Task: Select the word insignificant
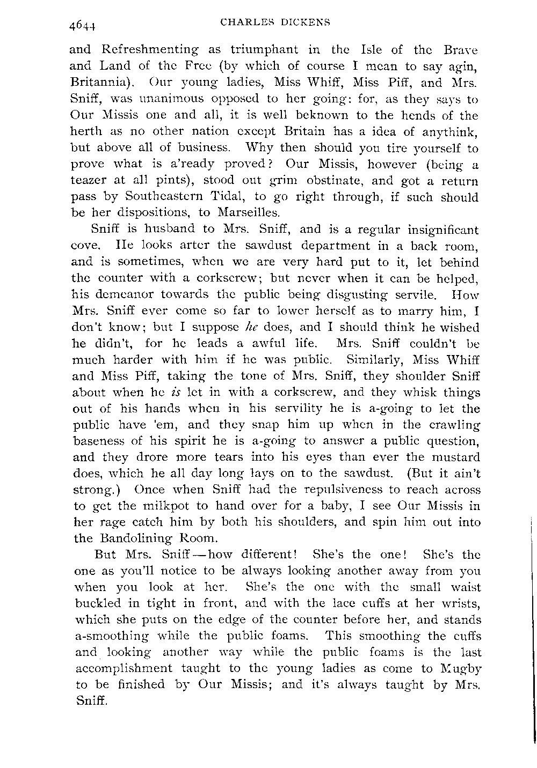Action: pos(434,230)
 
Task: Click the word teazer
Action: pos(92,181)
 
